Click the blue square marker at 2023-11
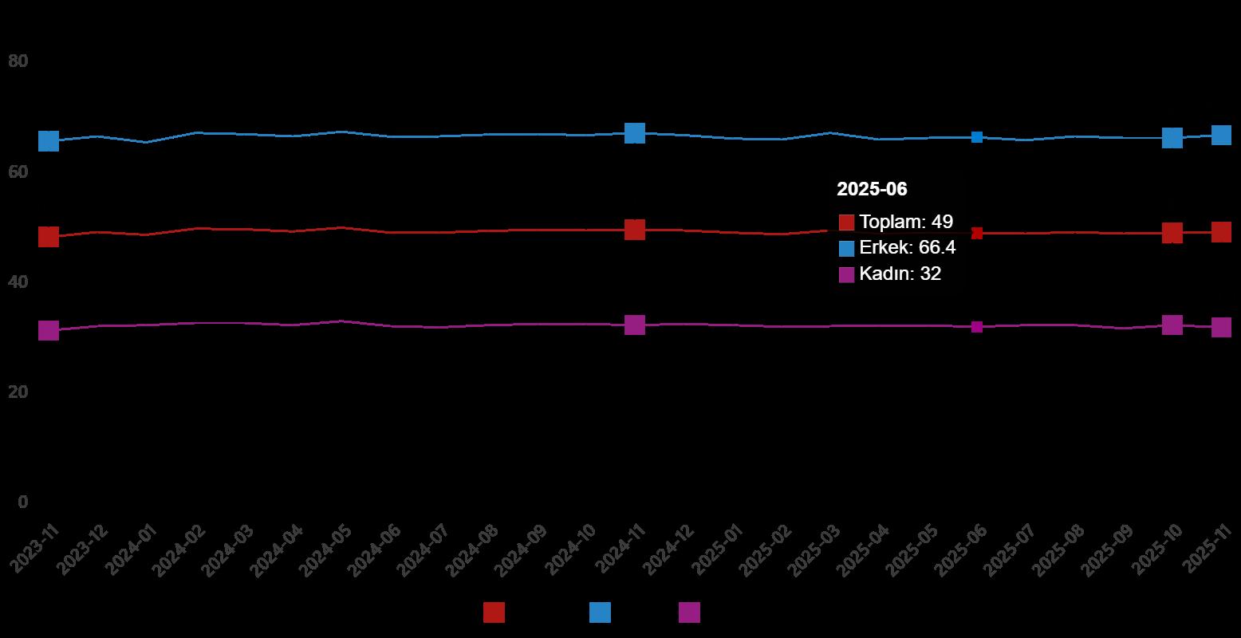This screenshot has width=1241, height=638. tap(49, 141)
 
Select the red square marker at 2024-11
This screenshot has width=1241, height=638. tap(635, 230)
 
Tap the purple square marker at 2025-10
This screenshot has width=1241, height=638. tap(1172, 325)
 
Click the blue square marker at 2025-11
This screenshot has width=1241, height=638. tap(1221, 135)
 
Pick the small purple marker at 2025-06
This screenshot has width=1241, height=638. tap(977, 327)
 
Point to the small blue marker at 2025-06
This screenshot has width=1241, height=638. tap(977, 137)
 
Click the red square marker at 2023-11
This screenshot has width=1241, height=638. tap(49, 237)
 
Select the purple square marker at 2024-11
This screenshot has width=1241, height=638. tap(635, 325)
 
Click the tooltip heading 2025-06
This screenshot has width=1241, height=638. tap(872, 189)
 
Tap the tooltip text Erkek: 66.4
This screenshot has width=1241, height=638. tap(908, 248)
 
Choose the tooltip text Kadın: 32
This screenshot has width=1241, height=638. tap(900, 274)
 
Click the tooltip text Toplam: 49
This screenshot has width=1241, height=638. tap(906, 223)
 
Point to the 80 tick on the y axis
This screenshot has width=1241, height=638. tap(18, 61)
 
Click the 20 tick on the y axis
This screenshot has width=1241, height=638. tap(18, 392)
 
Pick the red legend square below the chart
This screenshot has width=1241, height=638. tap(494, 612)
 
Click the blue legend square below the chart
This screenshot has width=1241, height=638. tap(600, 612)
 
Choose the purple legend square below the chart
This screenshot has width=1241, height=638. tap(689, 612)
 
